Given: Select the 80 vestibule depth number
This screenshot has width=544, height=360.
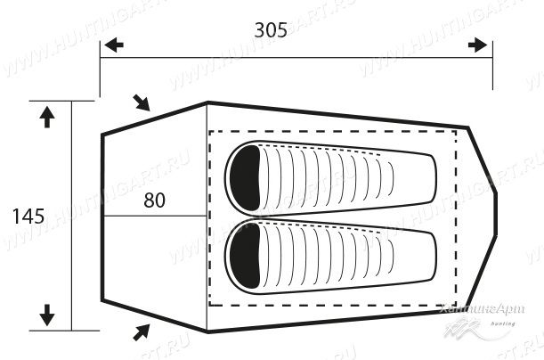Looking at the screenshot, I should click(154, 200).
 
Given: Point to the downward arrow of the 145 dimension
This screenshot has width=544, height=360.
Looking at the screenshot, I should click(48, 315).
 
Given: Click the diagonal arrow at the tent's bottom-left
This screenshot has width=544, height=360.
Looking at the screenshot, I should click(140, 331).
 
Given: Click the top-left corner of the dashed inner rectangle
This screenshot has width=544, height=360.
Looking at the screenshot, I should click(209, 131).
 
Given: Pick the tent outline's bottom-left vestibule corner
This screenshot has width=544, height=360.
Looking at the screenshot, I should click(102, 299).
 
